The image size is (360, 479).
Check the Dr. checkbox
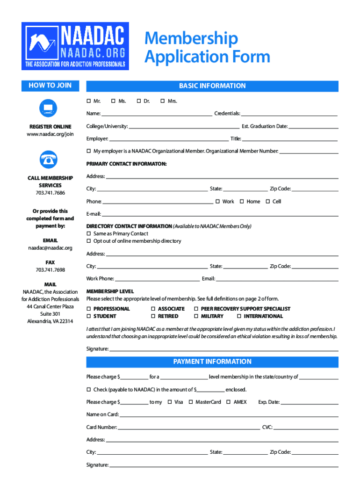coord(139,101)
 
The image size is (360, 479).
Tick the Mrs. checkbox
coord(163,101)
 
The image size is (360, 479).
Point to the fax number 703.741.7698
coord(50,270)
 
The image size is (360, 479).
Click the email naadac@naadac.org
coord(50,248)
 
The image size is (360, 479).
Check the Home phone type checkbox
coord(242,202)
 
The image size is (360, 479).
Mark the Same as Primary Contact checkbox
coord(89,233)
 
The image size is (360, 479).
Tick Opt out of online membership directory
coord(89,241)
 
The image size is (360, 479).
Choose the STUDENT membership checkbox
coord(89,316)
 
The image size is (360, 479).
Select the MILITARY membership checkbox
coord(196,316)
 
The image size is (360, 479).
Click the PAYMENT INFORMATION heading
coord(212,362)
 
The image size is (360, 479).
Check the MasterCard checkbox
coord(191,402)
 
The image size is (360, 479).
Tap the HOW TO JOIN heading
coord(50,86)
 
